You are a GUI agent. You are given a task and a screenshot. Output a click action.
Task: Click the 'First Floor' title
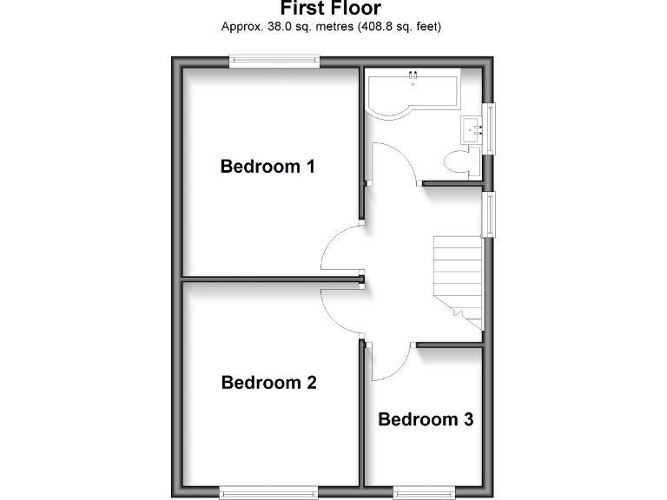[x=331, y=9]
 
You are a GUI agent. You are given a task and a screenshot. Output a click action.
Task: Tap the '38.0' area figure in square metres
[x=278, y=27]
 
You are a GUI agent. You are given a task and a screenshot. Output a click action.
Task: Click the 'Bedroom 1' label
[x=267, y=166]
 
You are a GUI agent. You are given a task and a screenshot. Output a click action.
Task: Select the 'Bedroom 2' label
[x=268, y=382]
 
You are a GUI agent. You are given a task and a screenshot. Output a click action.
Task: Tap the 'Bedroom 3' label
[x=426, y=420]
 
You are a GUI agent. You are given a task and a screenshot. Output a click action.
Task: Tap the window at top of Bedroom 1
[x=274, y=60]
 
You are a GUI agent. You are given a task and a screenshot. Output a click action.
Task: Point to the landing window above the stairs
[x=491, y=214]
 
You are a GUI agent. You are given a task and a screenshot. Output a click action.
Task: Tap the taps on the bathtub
[x=413, y=76]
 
